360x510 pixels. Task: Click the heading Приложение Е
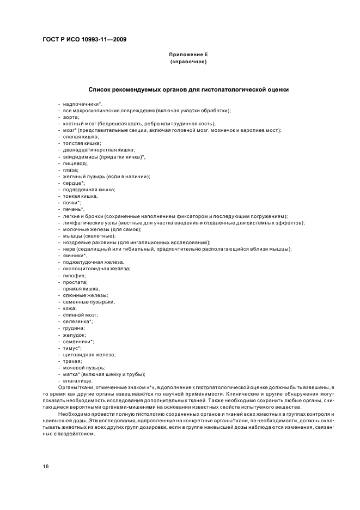click(x=188, y=56)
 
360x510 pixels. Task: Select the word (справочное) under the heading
click(x=188, y=62)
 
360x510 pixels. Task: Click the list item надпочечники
click(x=82, y=104)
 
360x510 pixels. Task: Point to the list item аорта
click(x=71, y=117)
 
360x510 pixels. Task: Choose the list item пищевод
click(x=75, y=163)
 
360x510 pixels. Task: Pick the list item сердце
click(x=74, y=183)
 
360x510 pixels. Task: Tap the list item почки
click(x=72, y=203)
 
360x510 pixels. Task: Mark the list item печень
click(x=73, y=209)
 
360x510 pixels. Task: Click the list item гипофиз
click(x=74, y=275)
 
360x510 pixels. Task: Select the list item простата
click(x=75, y=282)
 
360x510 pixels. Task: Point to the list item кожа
click(x=69, y=308)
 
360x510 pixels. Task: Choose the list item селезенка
click(x=77, y=321)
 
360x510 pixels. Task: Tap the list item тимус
click(x=72, y=348)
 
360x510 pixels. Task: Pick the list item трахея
click(x=72, y=361)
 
